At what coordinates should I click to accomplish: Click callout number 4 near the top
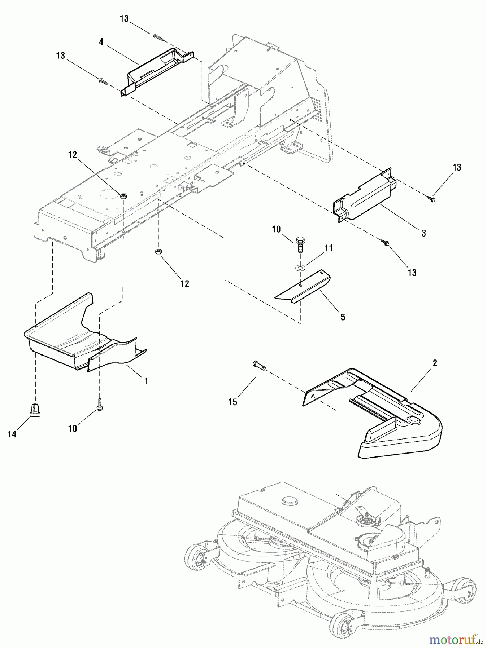point(101,42)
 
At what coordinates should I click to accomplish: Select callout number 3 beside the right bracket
point(423,234)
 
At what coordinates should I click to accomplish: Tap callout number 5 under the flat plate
point(343,317)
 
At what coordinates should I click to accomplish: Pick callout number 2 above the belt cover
point(435,363)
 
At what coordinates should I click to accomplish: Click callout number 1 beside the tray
point(146,381)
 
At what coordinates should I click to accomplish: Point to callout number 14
point(12,434)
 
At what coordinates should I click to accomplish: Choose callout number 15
point(233,402)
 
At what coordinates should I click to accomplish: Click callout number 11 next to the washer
point(329,248)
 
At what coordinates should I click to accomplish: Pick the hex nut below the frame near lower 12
point(158,251)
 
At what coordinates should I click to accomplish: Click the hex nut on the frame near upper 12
point(123,196)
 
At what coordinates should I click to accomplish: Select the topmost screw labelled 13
point(158,36)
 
